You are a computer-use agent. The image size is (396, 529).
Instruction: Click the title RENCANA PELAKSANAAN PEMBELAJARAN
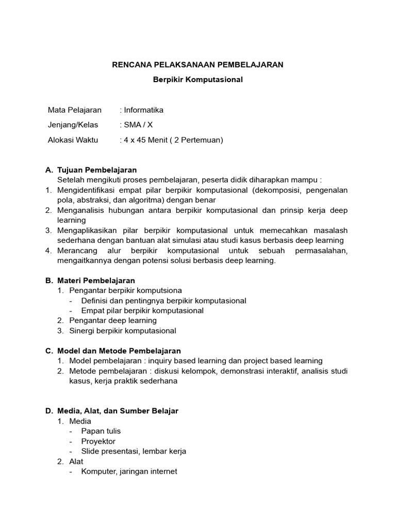[198, 65]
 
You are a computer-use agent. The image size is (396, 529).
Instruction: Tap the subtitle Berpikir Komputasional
[198, 80]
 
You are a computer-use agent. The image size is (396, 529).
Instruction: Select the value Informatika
[143, 110]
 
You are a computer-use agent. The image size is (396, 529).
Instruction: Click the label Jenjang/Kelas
[73, 125]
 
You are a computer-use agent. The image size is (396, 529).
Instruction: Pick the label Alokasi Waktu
[73, 140]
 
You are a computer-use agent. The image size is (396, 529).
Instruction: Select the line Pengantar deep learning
[113, 321]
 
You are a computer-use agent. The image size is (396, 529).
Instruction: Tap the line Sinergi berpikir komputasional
[123, 331]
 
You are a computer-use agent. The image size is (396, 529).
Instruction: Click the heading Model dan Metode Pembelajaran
[119, 351]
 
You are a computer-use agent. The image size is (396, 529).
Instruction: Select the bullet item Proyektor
[98, 441]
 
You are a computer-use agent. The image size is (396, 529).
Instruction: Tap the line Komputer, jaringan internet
[129, 471]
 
